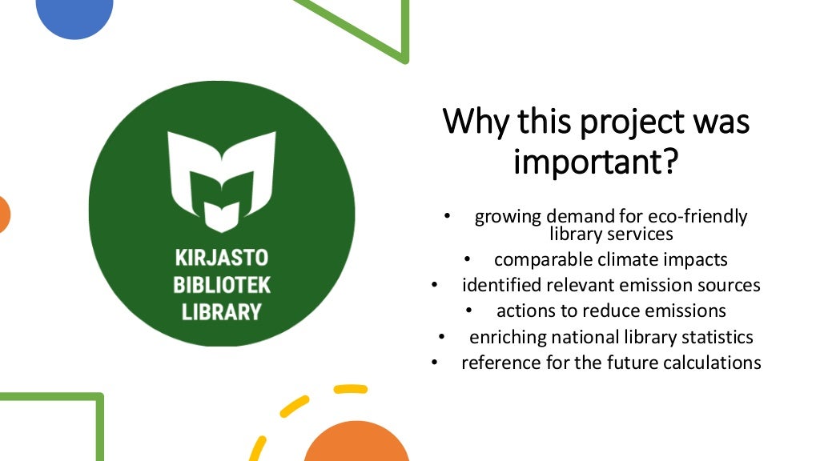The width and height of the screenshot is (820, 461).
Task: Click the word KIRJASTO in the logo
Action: [222, 259]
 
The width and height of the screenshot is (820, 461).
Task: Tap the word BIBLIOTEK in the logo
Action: [222, 285]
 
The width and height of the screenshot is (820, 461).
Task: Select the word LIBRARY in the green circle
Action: [222, 311]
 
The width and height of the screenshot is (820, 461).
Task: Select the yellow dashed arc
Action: [296, 408]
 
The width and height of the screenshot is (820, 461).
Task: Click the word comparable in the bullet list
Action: [536, 260]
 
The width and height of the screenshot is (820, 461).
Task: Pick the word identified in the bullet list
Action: [500, 285]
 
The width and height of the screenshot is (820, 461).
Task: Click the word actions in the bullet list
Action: [525, 311]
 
